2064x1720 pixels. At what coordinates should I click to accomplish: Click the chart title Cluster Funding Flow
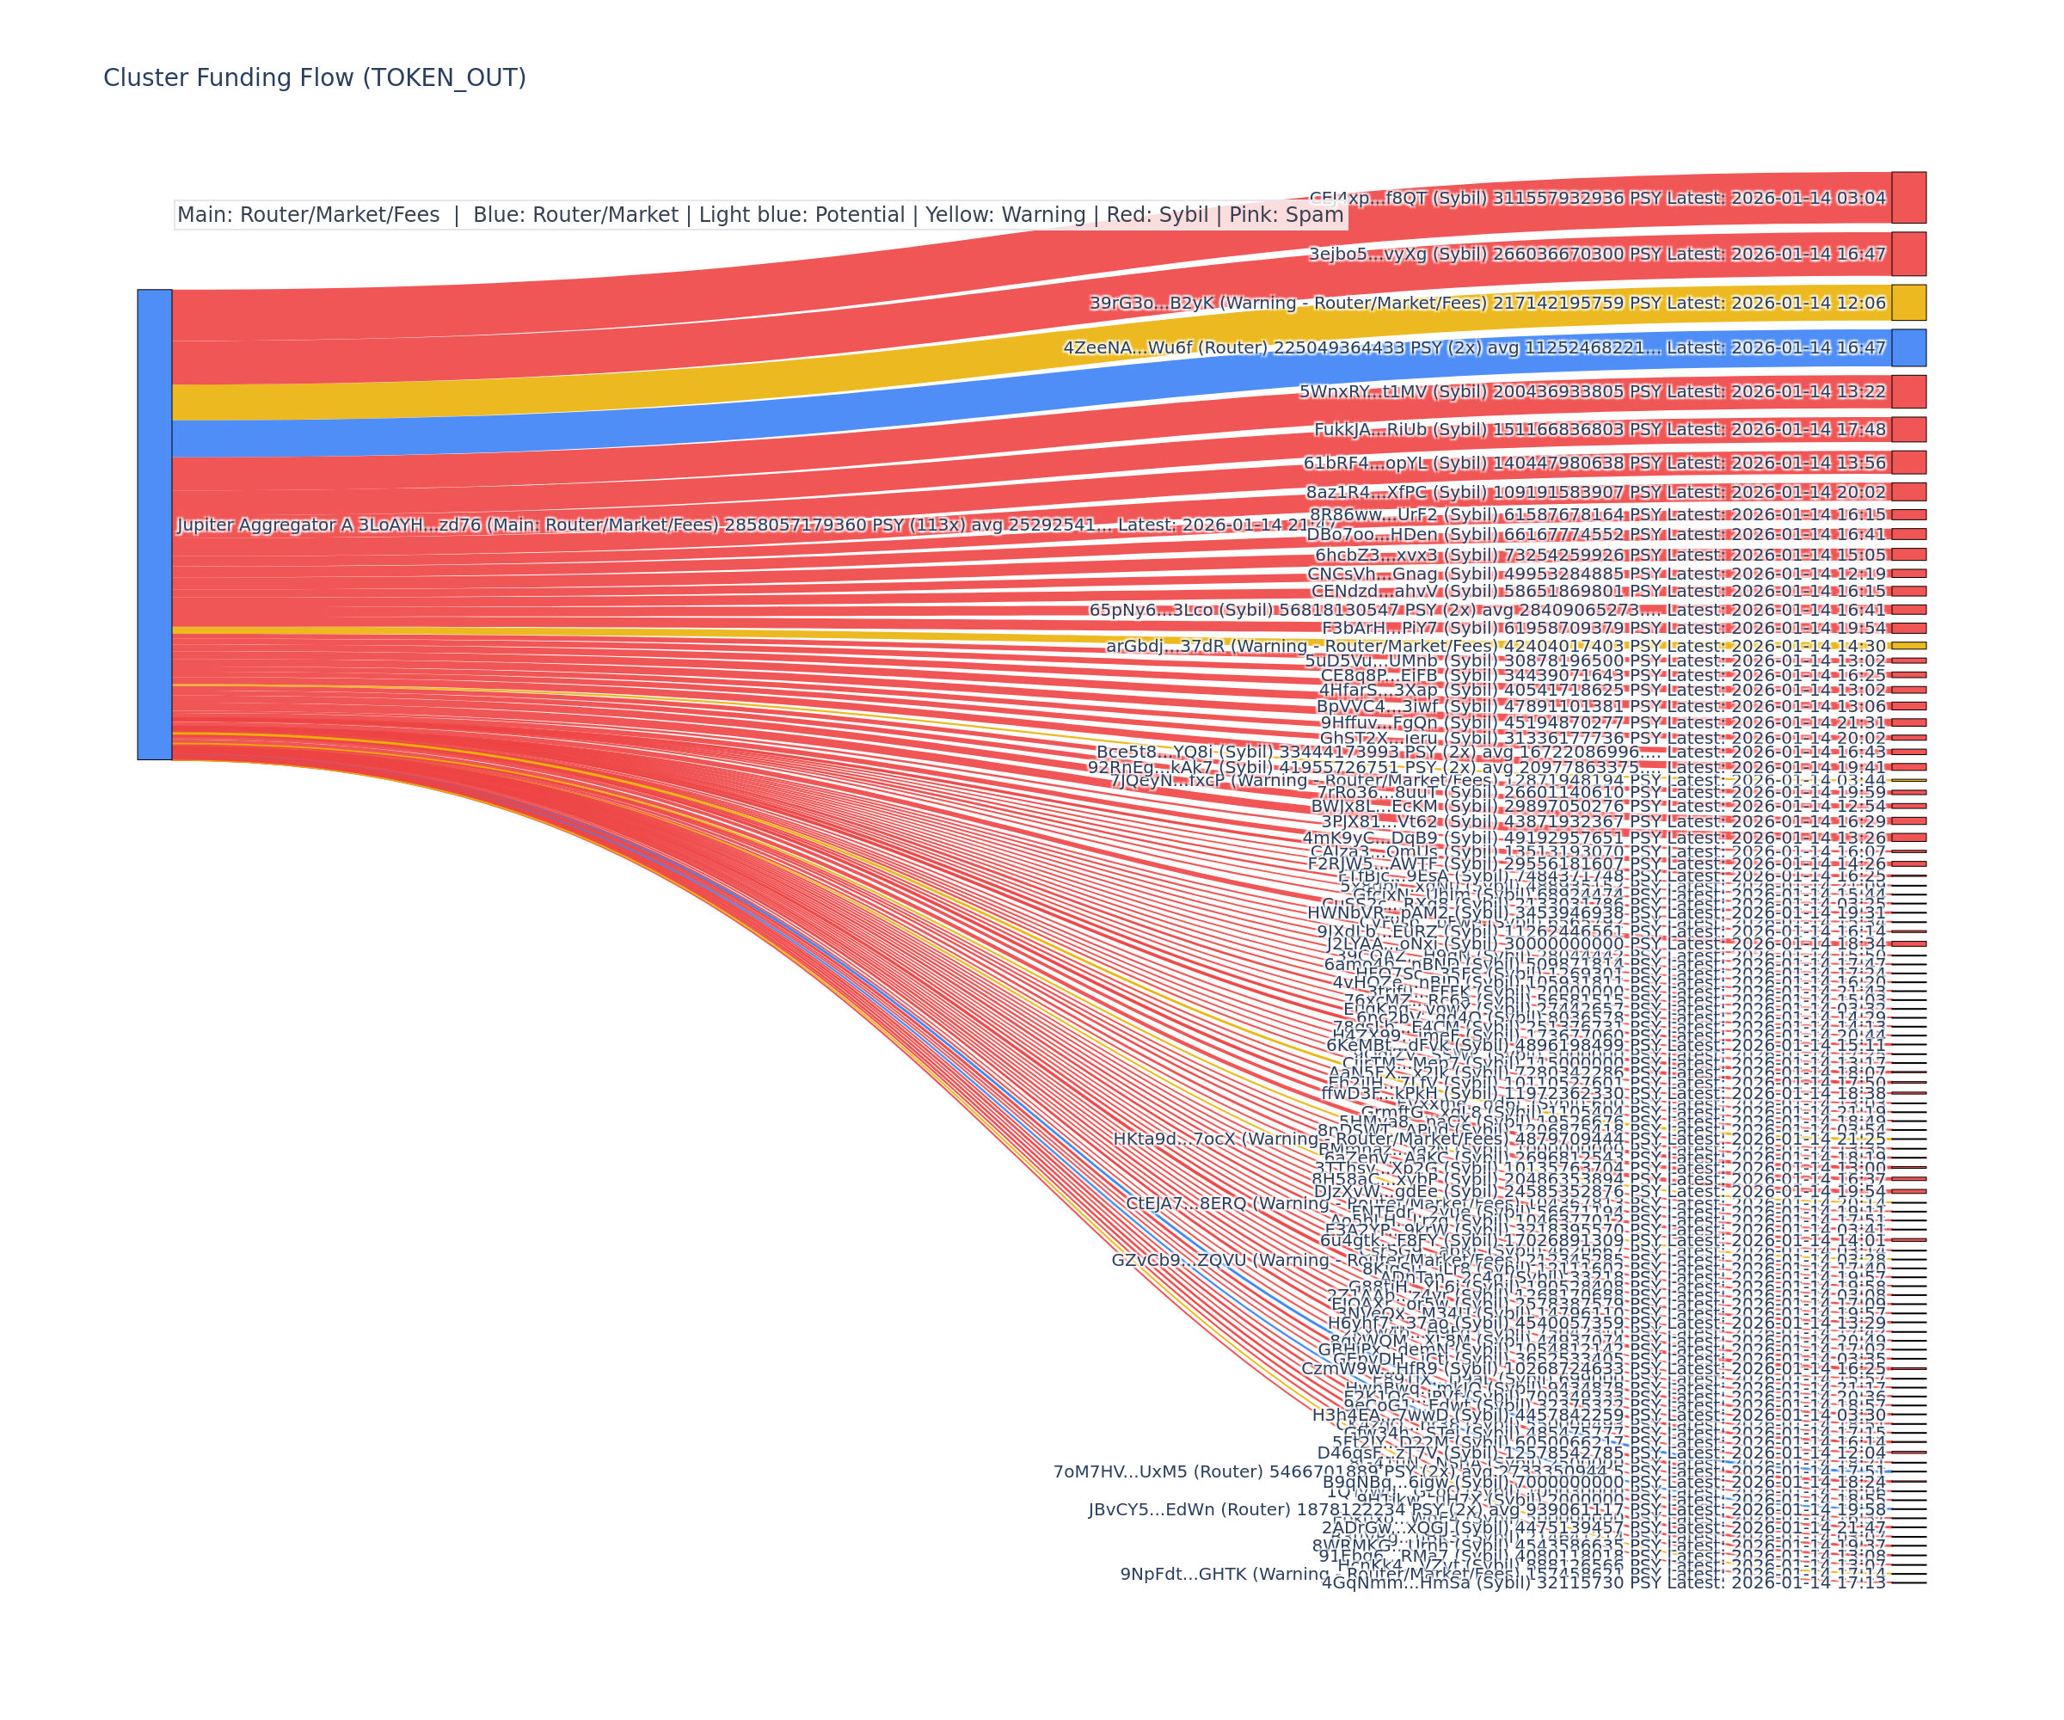click(x=315, y=77)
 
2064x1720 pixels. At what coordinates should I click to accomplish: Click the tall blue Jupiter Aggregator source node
click(x=154, y=524)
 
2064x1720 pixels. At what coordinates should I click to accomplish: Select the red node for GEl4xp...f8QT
click(x=1908, y=198)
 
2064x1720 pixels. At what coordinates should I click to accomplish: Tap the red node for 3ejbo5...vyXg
click(x=1908, y=254)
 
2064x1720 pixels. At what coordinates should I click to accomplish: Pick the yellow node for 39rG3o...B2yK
click(x=1908, y=303)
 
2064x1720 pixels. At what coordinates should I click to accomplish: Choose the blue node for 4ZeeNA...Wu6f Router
click(x=1908, y=348)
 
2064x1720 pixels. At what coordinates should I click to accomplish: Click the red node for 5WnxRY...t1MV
click(x=1908, y=391)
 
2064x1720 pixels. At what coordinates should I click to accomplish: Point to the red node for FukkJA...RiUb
click(x=1908, y=429)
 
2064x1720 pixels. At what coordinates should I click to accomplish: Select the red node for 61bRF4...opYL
click(x=1908, y=463)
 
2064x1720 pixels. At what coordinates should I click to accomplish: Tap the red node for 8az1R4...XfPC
click(x=1908, y=491)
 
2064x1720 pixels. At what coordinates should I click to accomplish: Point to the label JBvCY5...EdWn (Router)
click(x=1209, y=1509)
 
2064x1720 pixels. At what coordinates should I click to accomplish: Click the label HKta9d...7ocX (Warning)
click(x=1219, y=1139)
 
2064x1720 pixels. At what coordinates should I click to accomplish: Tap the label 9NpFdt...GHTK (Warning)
click(x=1224, y=1574)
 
